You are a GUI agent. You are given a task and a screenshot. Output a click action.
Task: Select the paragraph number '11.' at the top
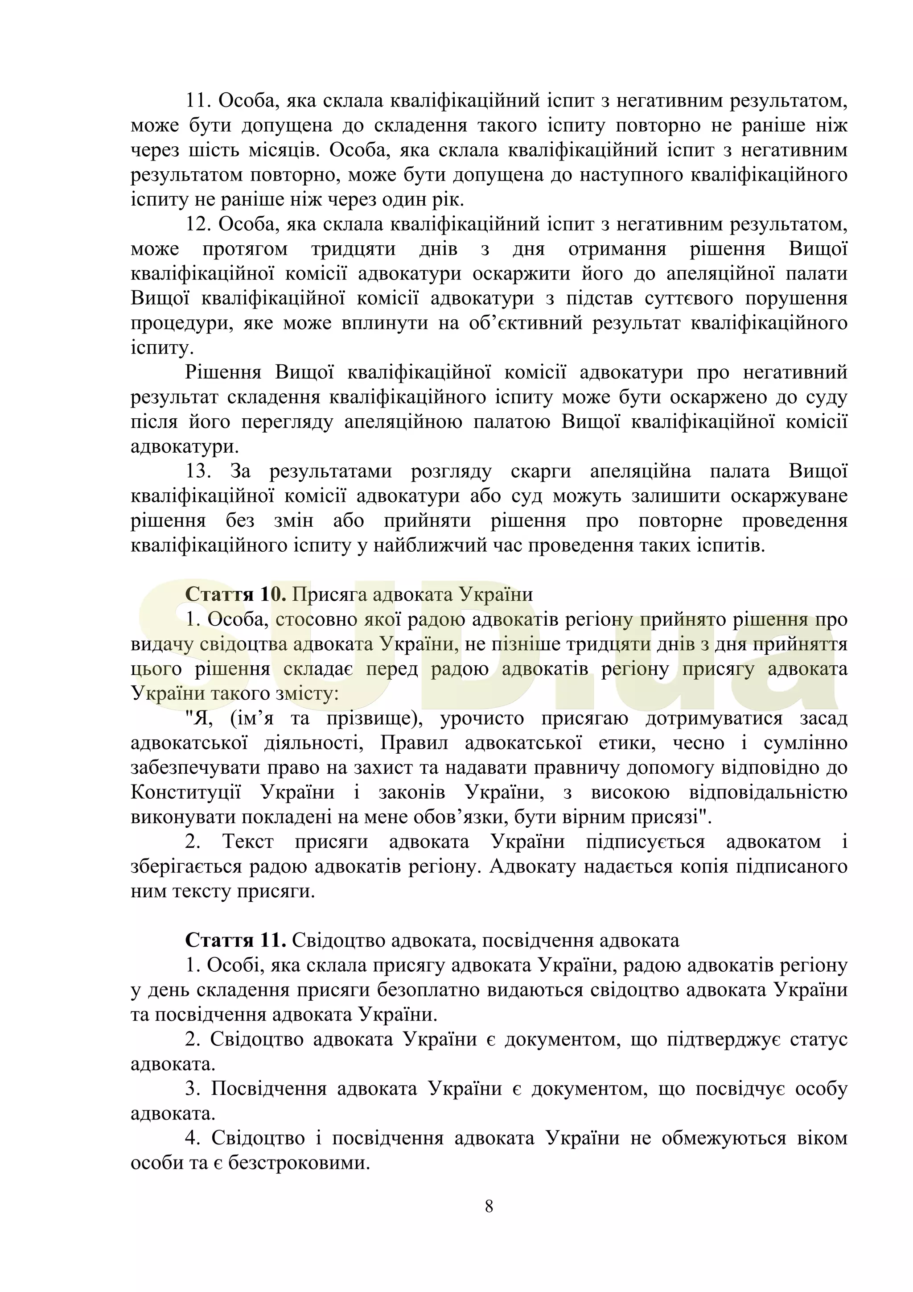coord(198,101)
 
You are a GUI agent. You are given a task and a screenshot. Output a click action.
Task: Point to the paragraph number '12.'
coord(198,224)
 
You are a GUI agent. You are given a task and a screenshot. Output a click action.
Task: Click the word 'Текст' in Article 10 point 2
coord(248,842)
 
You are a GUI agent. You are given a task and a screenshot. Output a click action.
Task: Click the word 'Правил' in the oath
coord(414,743)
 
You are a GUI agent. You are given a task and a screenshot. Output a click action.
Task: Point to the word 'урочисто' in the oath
coord(481,718)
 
